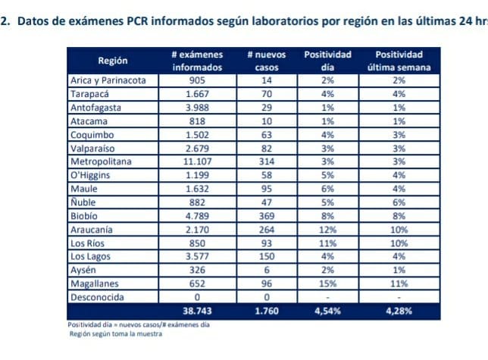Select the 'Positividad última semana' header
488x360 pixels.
[399, 61]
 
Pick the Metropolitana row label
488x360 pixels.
[101, 161]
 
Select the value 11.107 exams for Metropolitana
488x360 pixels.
[197, 161]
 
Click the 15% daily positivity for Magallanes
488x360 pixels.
[328, 283]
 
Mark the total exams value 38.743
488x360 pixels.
[197, 311]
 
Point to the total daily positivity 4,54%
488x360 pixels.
[328, 311]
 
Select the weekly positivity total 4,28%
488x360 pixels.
[399, 311]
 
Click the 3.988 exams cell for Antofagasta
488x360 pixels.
[197, 107]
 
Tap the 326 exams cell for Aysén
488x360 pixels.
[197, 270]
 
